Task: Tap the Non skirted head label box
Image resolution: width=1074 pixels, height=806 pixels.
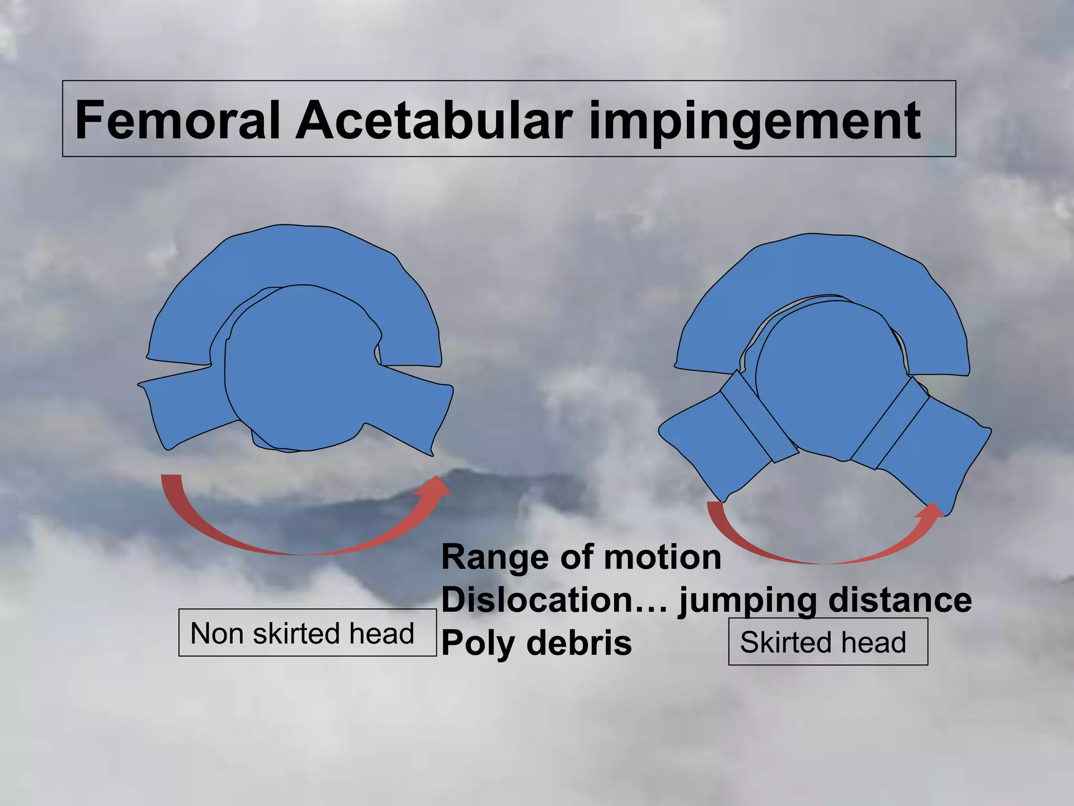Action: (x=307, y=632)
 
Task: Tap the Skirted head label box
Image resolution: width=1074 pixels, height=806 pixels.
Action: (x=828, y=642)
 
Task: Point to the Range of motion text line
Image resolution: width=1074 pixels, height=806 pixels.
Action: (x=581, y=557)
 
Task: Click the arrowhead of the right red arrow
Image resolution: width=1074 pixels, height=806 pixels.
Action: (x=931, y=511)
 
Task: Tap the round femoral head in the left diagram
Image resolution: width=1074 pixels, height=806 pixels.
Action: (x=299, y=367)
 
